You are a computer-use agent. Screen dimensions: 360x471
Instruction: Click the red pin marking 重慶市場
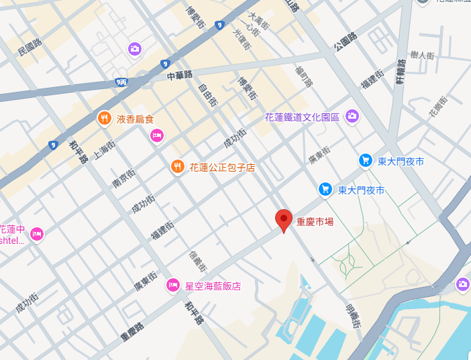coord(284,220)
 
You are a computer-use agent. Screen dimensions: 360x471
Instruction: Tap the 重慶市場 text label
coord(315,221)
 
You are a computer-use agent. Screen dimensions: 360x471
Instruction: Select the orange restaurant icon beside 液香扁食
coord(104,119)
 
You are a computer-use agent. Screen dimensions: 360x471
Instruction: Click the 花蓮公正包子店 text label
coord(222,167)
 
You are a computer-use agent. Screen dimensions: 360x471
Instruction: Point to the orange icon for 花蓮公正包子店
coord(177,166)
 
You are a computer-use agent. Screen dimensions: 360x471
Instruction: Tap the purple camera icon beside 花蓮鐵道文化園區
coord(352,117)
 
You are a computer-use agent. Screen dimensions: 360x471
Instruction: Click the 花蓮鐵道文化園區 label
coord(303,117)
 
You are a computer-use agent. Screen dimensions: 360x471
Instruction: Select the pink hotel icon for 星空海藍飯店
coord(172,286)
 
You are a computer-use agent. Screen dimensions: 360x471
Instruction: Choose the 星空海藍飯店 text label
coord(213,286)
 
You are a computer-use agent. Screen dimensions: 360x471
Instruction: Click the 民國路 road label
coord(30,46)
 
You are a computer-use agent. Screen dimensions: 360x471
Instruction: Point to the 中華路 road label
coord(180,75)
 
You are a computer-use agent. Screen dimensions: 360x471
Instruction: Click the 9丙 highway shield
coord(121,82)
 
